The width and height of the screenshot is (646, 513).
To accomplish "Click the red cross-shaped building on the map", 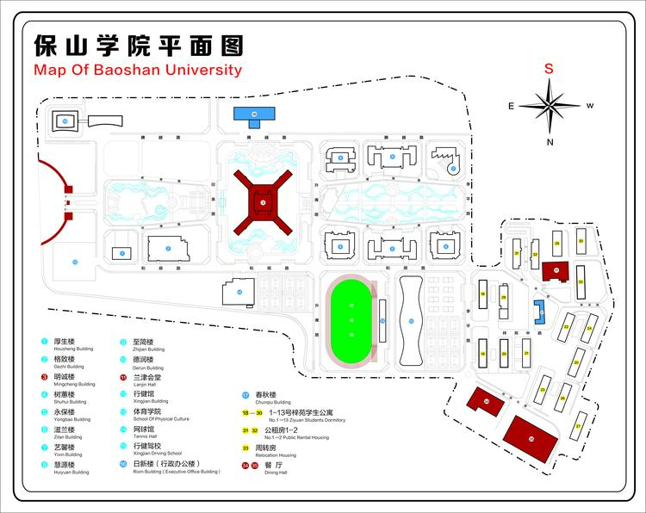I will [264, 203].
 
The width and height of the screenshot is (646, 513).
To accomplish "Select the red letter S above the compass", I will [549, 69].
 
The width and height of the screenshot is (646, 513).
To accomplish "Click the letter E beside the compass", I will [511, 106].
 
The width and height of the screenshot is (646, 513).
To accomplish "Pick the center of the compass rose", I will [550, 106].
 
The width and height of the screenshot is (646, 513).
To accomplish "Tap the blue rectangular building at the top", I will [255, 114].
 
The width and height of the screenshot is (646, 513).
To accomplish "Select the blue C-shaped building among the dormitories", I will [540, 311].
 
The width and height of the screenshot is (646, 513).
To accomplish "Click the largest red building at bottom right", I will [531, 439].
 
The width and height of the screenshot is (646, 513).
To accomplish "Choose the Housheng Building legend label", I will [69, 349].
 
